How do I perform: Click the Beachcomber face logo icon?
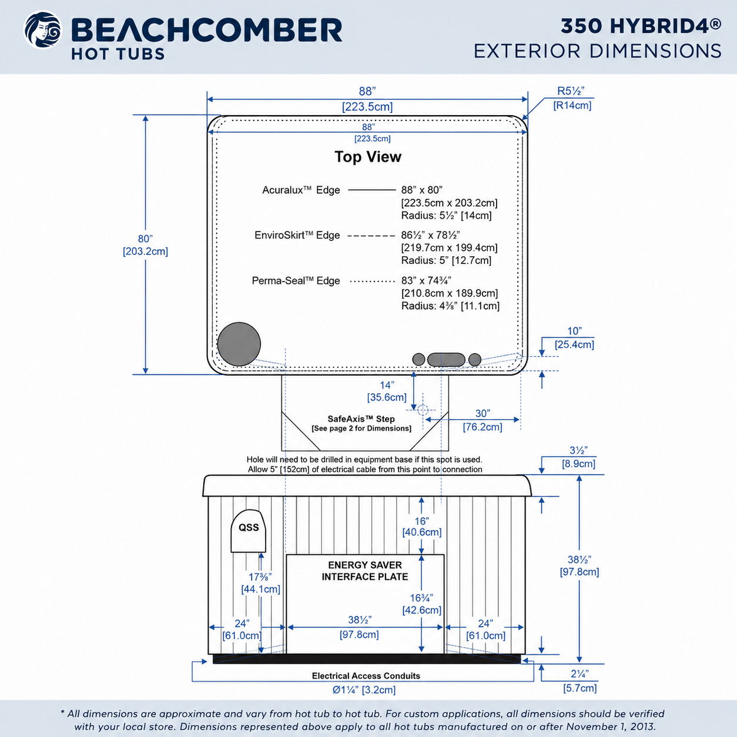click(42, 30)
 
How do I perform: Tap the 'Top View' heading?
click(368, 157)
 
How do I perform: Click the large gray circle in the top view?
click(239, 344)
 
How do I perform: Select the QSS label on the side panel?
click(249, 527)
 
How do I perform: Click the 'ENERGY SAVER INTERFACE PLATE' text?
click(365, 571)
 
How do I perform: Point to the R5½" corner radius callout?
click(572, 98)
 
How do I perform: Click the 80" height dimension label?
click(145, 244)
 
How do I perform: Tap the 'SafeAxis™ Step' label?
click(361, 419)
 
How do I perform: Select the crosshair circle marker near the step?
click(422, 410)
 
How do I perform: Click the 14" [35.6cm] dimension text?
click(387, 391)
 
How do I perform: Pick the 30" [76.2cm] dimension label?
click(483, 420)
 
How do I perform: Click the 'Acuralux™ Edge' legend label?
click(301, 190)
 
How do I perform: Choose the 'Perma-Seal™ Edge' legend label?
click(296, 281)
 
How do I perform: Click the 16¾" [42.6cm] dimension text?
click(421, 604)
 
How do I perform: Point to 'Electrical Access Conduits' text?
click(366, 676)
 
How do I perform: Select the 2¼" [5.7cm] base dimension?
click(580, 681)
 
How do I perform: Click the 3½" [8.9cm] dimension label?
click(578, 457)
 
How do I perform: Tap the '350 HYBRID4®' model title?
click(641, 26)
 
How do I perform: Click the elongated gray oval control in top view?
click(446, 360)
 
